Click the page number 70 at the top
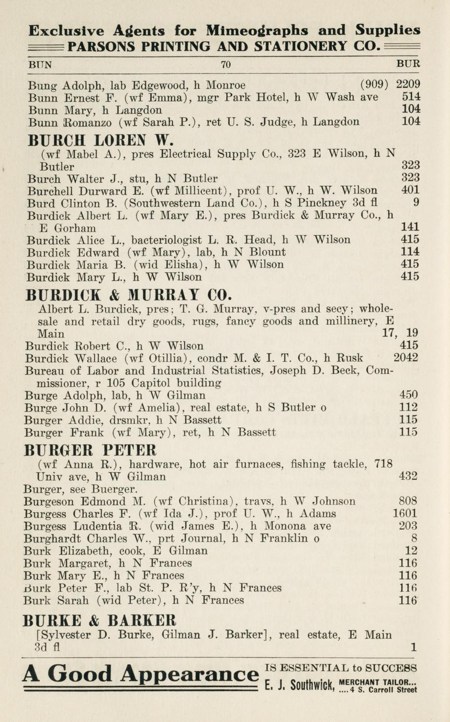click(x=226, y=65)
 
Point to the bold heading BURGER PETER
click(x=91, y=450)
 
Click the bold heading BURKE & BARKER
click(x=99, y=620)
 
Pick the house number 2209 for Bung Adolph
click(x=408, y=84)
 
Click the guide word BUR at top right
click(x=408, y=65)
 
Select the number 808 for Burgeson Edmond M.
click(x=408, y=501)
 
